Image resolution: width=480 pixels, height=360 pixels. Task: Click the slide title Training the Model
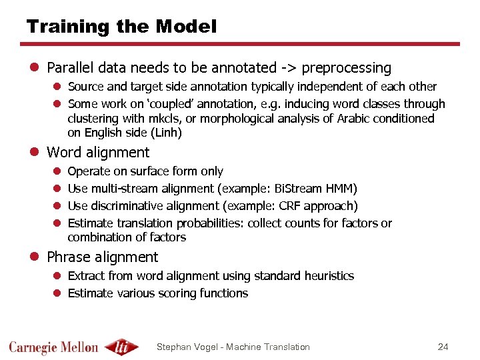(121, 27)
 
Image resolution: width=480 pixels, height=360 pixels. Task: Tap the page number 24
(443, 347)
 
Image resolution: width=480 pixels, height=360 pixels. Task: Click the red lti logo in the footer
(124, 347)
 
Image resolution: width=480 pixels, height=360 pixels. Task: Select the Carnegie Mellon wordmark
(53, 347)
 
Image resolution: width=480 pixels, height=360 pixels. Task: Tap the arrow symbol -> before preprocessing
(292, 68)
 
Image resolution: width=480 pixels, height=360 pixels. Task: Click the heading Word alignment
(98, 153)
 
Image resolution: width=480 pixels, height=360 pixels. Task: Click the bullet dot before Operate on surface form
(57, 172)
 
